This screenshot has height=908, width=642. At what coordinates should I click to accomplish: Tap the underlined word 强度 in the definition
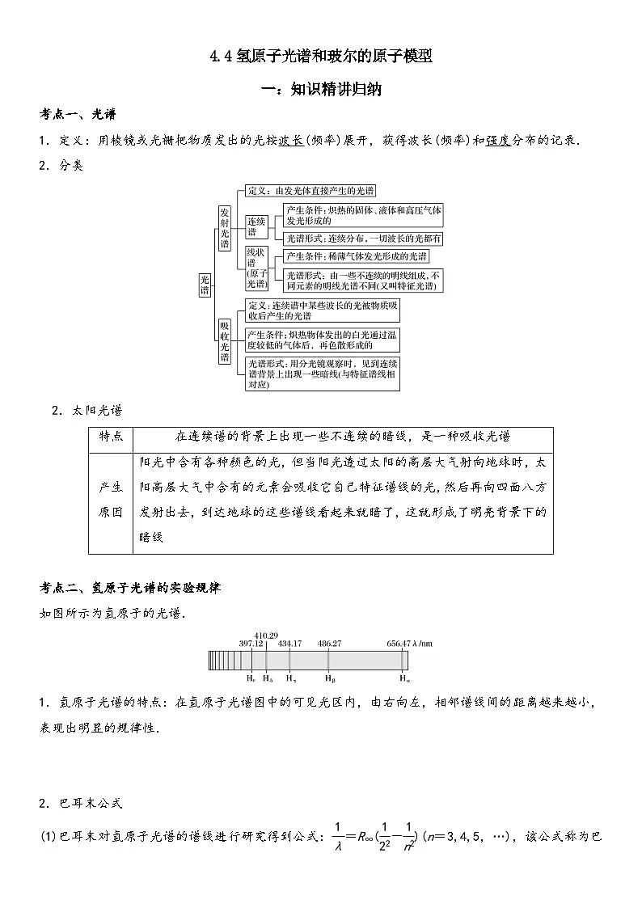click(498, 140)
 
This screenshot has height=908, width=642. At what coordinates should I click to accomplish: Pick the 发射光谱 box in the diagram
click(225, 227)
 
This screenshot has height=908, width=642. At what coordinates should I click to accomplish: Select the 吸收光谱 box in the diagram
click(225, 342)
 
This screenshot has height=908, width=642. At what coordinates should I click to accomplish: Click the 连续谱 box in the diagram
click(257, 226)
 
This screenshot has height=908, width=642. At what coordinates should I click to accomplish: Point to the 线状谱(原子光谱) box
click(257, 268)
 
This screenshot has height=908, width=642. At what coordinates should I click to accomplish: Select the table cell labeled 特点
click(111, 436)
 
